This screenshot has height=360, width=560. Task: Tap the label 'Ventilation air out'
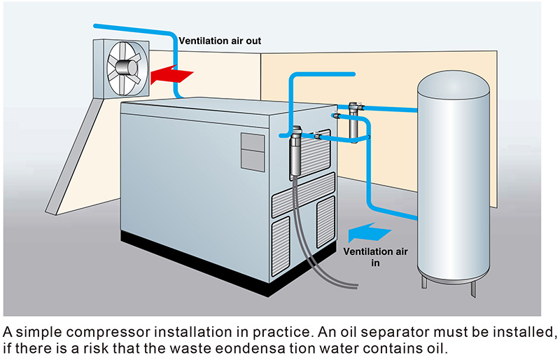[219, 41]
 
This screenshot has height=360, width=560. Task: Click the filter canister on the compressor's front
[295, 151]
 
